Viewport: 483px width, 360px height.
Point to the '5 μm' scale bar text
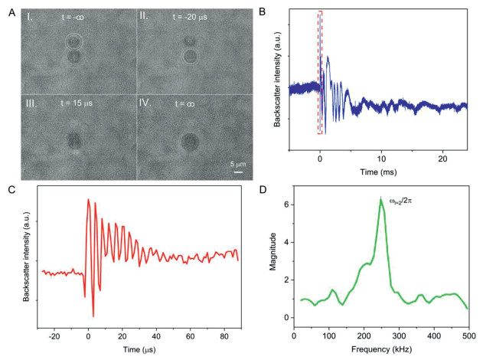coord(237,162)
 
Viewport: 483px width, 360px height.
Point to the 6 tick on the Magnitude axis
coord(287,205)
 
